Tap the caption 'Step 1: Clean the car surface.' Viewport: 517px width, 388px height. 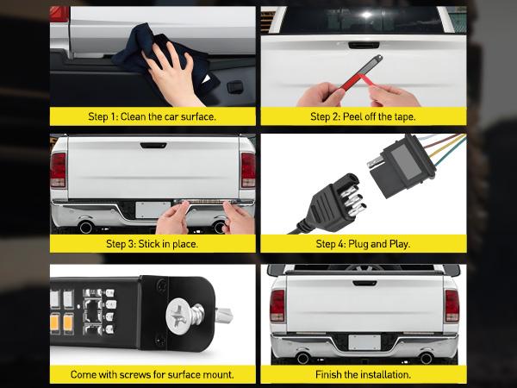(x=153, y=116)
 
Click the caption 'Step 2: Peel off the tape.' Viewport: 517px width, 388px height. (x=363, y=116)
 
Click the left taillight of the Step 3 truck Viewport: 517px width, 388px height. (x=58, y=170)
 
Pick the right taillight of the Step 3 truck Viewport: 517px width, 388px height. (x=247, y=170)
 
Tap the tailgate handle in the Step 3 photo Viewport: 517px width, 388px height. (x=153, y=146)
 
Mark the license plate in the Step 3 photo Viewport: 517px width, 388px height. (x=153, y=210)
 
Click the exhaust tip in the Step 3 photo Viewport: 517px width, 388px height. (x=85, y=228)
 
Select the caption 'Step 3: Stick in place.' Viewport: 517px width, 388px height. (x=153, y=244)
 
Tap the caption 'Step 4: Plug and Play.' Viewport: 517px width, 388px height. (x=363, y=244)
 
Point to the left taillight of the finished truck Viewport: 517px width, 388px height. (x=277, y=305)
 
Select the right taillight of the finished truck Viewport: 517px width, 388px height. (x=451, y=305)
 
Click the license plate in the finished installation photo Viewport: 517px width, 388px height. (x=363, y=341)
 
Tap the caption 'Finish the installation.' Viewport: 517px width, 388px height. (x=363, y=375)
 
